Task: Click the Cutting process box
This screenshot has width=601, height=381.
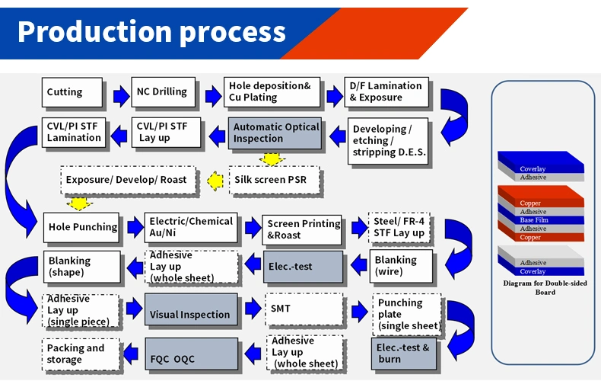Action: [x=72, y=92]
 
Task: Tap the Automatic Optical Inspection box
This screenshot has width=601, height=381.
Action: [x=276, y=133]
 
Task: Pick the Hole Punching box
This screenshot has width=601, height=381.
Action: [x=82, y=227]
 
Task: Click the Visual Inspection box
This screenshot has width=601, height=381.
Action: [x=191, y=314]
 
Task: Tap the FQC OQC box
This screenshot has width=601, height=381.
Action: [x=191, y=354]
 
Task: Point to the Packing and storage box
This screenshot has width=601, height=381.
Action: [x=80, y=354]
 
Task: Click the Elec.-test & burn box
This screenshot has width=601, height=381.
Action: [x=404, y=354]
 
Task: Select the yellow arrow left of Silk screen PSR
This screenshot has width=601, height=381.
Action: [x=216, y=181]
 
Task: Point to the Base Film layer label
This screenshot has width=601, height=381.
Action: [x=536, y=220]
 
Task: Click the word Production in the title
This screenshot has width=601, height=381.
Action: [x=86, y=31]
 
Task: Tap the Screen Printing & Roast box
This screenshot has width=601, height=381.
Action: [x=303, y=229]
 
